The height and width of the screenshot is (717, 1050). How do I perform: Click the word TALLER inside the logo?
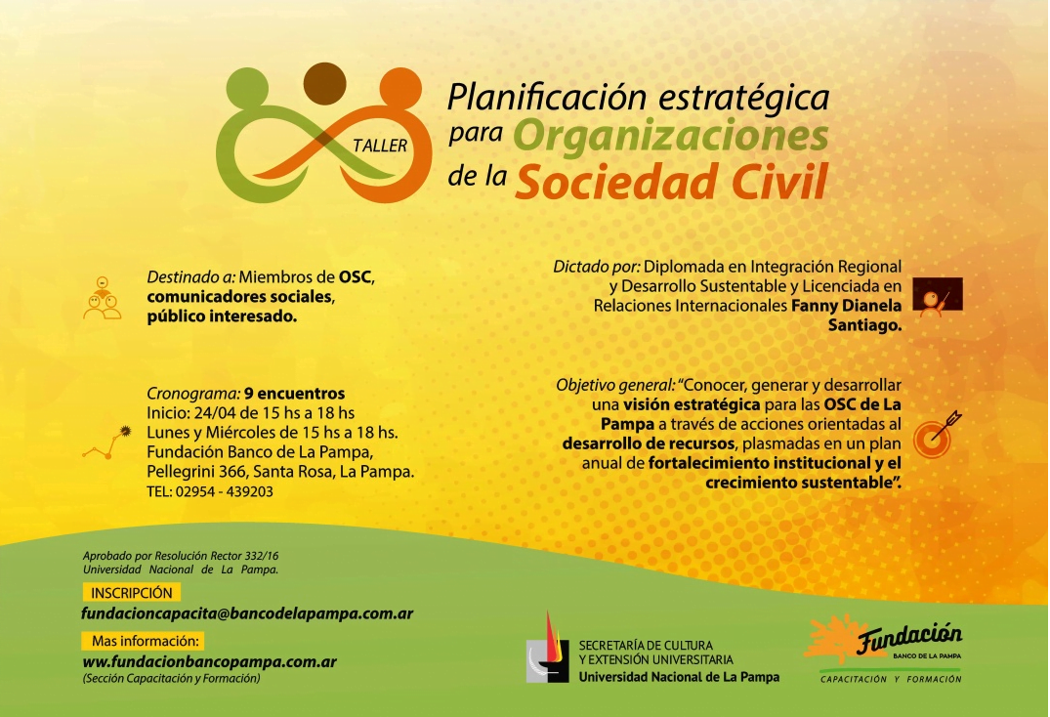click(x=380, y=146)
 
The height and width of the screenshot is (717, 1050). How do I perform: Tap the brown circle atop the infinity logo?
click(x=325, y=84)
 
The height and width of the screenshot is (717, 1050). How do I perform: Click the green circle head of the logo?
click(x=247, y=88)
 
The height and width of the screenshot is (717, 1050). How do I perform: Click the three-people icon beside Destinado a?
click(x=103, y=298)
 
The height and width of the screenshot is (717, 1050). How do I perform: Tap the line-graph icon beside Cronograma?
click(x=106, y=443)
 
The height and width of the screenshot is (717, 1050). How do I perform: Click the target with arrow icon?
click(x=937, y=435)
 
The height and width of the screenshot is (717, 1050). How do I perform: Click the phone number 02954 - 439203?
click(x=225, y=491)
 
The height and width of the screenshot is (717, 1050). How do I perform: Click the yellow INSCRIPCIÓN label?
click(x=132, y=593)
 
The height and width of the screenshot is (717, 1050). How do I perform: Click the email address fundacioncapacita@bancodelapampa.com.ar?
click(x=247, y=613)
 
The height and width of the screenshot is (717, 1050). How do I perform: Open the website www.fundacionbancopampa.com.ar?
click(x=210, y=662)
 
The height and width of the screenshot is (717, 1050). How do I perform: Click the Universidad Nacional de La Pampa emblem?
click(x=548, y=648)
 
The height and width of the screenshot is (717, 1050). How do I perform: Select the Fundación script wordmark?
click(x=909, y=638)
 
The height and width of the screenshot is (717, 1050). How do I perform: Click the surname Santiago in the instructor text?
click(x=864, y=325)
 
